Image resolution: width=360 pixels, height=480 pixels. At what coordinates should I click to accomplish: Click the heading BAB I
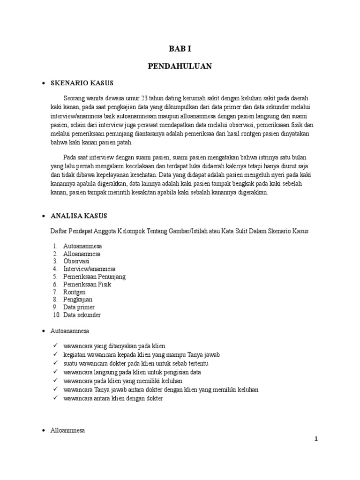[x=180, y=48]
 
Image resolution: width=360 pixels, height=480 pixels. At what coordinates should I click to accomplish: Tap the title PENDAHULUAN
[x=180, y=67]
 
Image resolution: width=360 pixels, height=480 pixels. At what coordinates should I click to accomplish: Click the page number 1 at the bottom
[x=316, y=439]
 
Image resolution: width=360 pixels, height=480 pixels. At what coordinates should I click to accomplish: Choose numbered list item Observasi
[x=76, y=261]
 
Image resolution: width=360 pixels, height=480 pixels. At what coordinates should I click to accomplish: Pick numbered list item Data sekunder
[x=82, y=315]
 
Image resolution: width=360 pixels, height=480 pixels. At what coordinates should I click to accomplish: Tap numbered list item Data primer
[x=79, y=307]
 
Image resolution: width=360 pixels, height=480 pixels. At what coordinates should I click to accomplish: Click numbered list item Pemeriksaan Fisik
[x=87, y=284]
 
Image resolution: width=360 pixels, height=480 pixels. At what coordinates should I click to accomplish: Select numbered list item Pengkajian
[x=78, y=299]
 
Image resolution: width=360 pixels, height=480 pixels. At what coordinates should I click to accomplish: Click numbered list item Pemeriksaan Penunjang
[x=94, y=277]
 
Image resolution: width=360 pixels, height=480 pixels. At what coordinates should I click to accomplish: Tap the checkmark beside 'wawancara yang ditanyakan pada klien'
[x=56, y=345]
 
